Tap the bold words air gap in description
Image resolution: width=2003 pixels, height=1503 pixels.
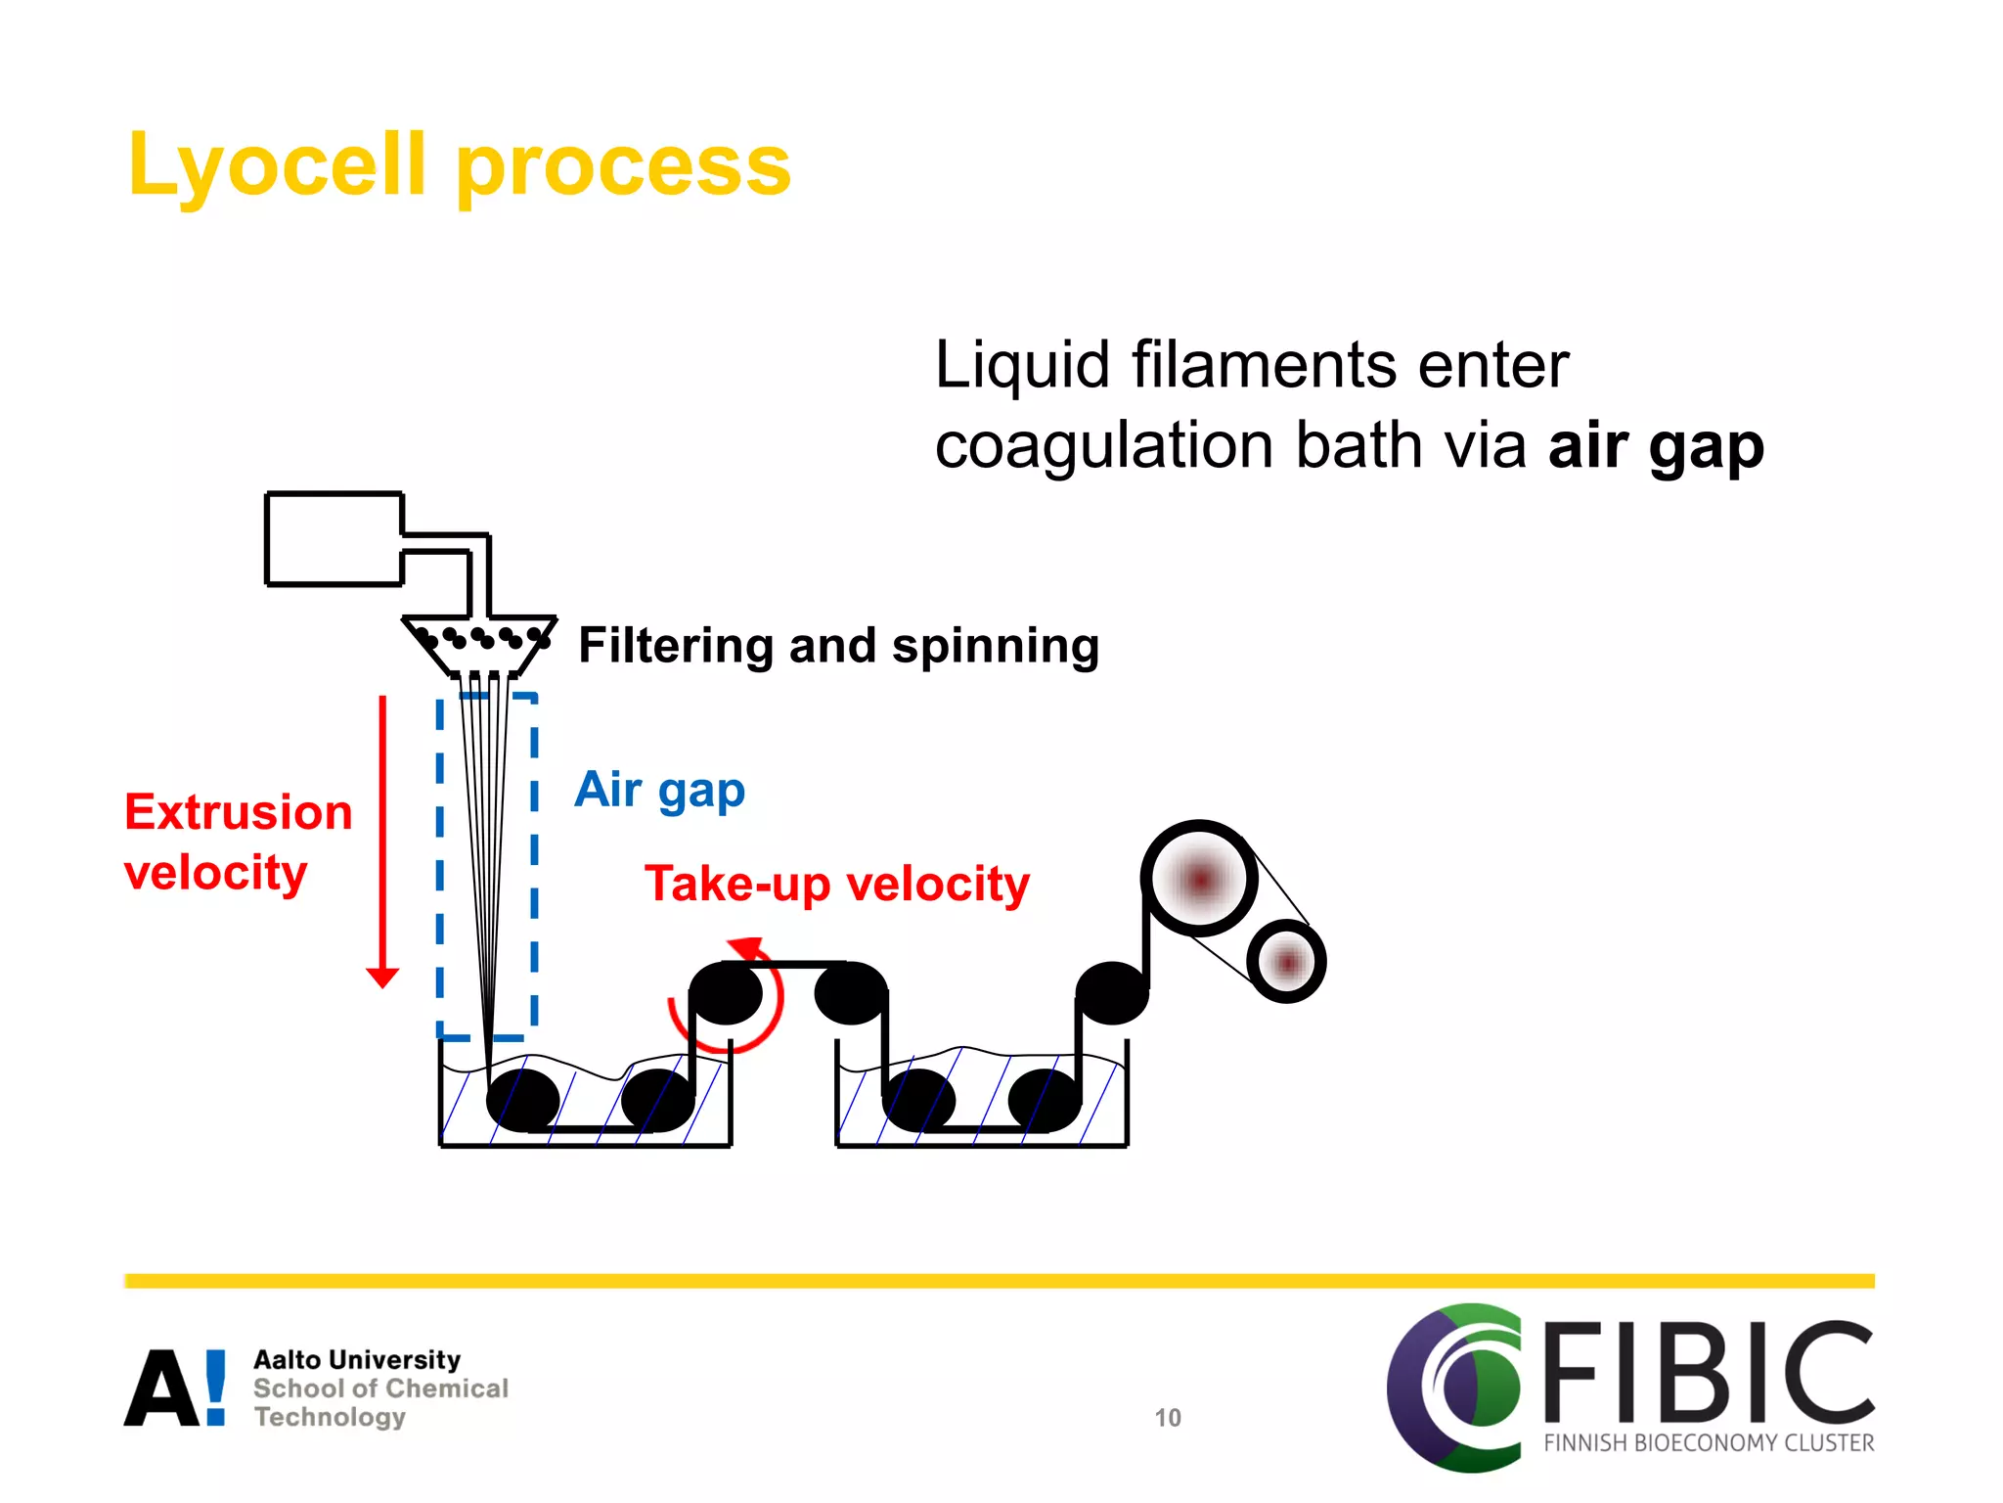[x=1655, y=446]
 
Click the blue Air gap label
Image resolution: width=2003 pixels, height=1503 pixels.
[x=659, y=790]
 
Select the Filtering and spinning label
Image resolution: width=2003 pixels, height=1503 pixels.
[x=838, y=646]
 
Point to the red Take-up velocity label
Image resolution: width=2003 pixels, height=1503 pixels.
[x=836, y=884]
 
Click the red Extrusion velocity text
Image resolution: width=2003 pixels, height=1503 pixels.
[x=238, y=842]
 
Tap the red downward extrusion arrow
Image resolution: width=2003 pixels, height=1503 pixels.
[x=382, y=842]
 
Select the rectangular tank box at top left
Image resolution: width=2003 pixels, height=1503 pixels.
[x=334, y=539]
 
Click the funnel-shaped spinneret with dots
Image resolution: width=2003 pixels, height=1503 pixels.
[x=479, y=644]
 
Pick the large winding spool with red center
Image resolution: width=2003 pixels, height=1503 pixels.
[x=1199, y=878]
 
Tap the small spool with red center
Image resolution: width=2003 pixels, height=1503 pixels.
[x=1286, y=963]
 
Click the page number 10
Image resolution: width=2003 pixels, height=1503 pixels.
[x=1168, y=1418]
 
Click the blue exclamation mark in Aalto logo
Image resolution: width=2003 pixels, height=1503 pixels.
[x=216, y=1387]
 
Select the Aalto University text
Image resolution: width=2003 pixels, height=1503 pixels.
[x=357, y=1360]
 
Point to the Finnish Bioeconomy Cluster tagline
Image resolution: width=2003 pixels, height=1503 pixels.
[x=1709, y=1443]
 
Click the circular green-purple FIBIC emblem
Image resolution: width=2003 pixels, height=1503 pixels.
[x=1454, y=1387]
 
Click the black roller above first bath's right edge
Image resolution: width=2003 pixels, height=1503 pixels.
[x=726, y=993]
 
